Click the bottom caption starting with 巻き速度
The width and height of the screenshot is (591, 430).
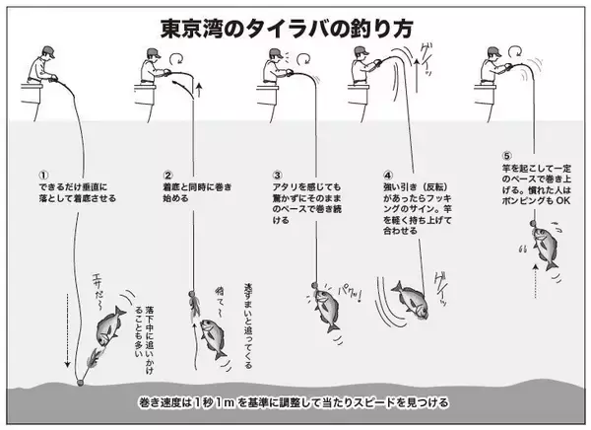pyautogui.click(x=295, y=402)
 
